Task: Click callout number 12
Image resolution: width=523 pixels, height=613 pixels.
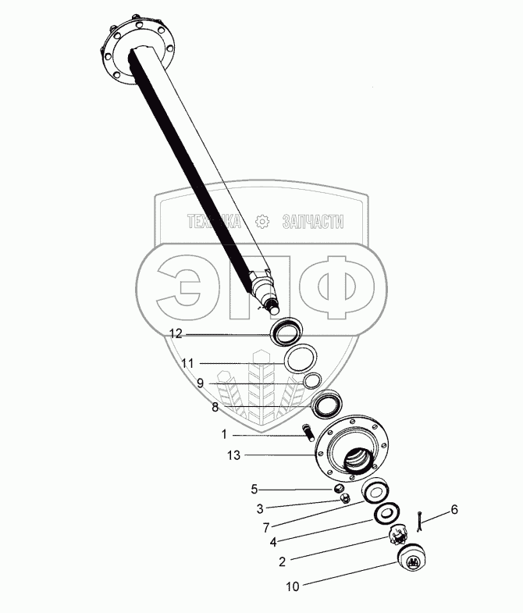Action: pos(176,333)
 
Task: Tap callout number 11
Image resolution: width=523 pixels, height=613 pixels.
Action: pos(187,363)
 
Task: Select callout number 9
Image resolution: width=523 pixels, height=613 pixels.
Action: pos(200,383)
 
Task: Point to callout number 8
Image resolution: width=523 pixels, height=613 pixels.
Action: pos(214,407)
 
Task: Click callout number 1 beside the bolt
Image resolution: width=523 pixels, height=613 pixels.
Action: pos(224,434)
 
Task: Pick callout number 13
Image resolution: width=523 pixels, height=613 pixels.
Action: pos(232,454)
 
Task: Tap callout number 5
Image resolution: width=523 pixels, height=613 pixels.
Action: pos(254,490)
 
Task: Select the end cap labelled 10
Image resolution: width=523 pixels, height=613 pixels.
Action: pos(410,559)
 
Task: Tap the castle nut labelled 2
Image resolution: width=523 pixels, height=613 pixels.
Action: pos(399,536)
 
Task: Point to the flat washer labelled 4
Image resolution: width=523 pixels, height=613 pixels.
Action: pos(385,515)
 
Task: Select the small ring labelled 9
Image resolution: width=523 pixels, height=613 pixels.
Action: pos(312,381)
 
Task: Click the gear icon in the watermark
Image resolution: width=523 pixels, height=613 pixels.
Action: pos(262,223)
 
